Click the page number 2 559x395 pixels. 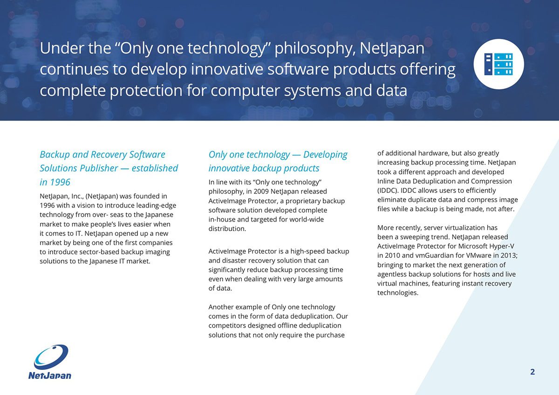pyautogui.click(x=532, y=372)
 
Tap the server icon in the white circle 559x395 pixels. pyautogui.click(x=498, y=64)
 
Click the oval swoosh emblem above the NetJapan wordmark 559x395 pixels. pyautogui.click(x=51, y=357)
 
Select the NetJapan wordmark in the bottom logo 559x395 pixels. pyautogui.click(x=50, y=375)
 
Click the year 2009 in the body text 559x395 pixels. pyautogui.click(x=261, y=191)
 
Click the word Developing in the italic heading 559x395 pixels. pyautogui.click(x=325, y=155)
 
